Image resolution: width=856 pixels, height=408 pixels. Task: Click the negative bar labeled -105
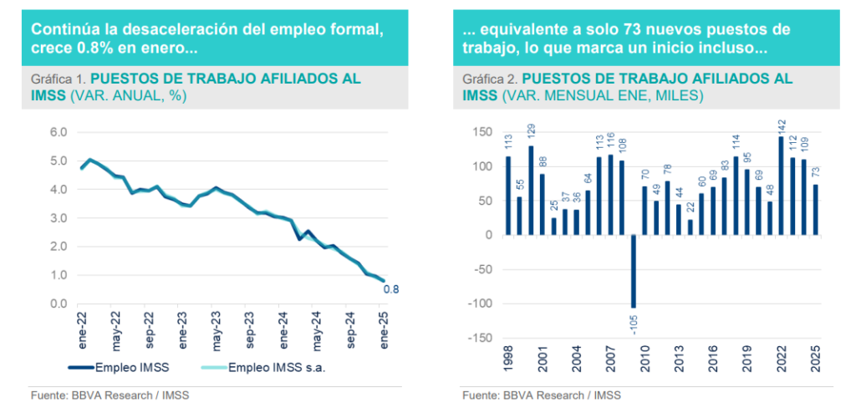(x=634, y=271)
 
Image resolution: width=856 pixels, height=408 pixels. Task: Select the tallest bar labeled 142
(x=781, y=186)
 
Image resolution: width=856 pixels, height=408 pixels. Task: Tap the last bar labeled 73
(x=815, y=209)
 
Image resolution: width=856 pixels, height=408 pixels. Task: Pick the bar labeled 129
(x=531, y=190)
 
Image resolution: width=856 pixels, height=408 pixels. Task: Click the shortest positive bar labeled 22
(x=690, y=227)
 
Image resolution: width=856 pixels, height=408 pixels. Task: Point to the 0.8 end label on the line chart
(x=390, y=289)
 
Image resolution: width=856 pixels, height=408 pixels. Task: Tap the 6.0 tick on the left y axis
(x=58, y=132)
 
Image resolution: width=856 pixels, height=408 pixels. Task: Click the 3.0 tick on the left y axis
(x=58, y=217)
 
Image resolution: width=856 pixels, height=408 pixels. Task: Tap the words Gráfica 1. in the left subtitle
(x=58, y=79)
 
